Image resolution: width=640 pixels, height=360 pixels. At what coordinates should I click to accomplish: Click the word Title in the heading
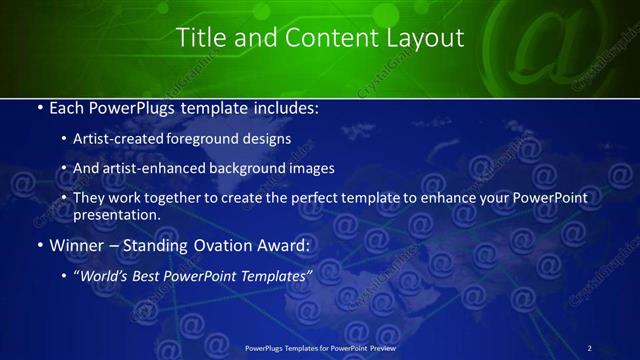click(199, 39)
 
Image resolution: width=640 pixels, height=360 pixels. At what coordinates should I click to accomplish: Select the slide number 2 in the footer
click(590, 348)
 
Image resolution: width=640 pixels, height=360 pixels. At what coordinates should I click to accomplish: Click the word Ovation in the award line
click(230, 245)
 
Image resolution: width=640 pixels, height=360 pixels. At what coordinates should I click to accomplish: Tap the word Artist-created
click(114, 139)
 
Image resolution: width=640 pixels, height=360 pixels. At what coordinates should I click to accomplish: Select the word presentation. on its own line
click(117, 214)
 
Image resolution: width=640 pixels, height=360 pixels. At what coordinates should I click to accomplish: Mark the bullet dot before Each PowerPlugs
click(39, 107)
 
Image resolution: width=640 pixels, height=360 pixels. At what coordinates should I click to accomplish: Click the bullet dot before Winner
click(39, 246)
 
